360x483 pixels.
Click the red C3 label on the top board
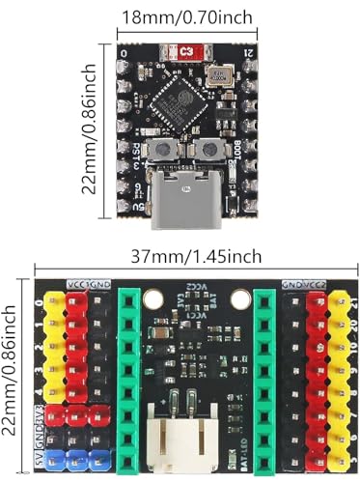pyautogui.click(x=185, y=51)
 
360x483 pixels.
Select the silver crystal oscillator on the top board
pyautogui.click(x=223, y=77)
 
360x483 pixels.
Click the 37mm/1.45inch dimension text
pyautogui.click(x=196, y=255)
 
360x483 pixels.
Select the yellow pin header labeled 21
pyautogui.click(x=338, y=302)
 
